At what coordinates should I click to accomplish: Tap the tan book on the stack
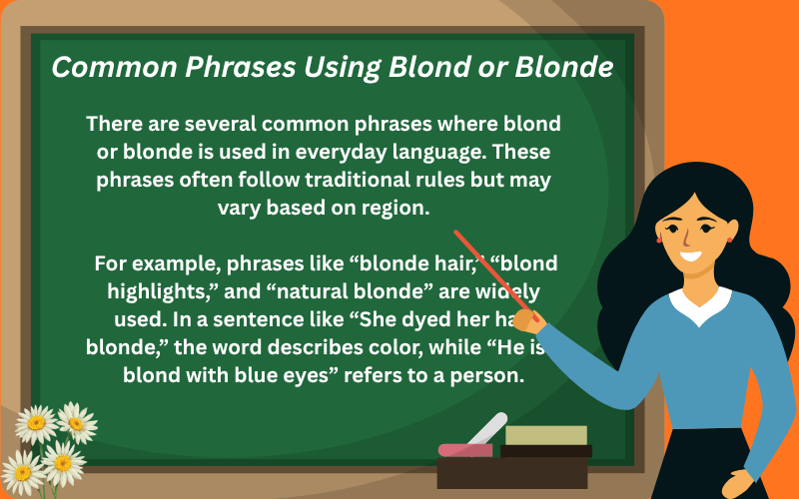tap(545, 435)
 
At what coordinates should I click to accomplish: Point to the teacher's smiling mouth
tap(691, 254)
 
